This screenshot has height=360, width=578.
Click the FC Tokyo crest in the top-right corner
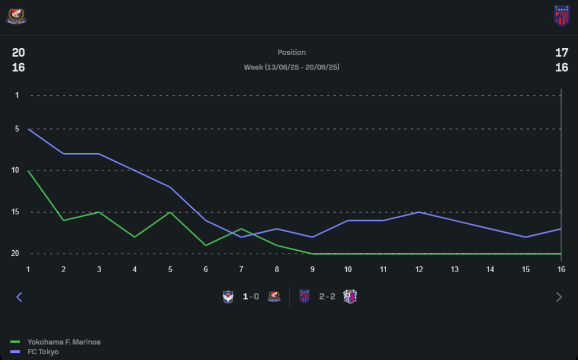pos(561,16)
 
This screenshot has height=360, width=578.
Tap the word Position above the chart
pos(291,53)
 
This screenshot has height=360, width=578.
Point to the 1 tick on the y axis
pos(17,95)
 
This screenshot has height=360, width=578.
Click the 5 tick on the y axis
pos(17,129)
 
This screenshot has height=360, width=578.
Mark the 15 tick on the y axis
pos(16,212)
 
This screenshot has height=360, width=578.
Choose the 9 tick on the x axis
pos(312,269)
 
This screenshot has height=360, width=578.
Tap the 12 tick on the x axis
pos(418,269)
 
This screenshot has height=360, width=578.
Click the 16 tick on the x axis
pos(560,269)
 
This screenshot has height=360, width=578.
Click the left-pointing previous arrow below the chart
pos(19,297)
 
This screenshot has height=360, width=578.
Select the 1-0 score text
pos(250,297)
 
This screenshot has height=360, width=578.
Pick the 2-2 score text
pos(327,297)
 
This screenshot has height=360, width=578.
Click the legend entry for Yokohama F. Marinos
pos(64,342)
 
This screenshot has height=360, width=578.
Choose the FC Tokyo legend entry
pos(43,352)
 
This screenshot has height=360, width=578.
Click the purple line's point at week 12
pos(418,212)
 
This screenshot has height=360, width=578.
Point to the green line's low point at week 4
pos(135,237)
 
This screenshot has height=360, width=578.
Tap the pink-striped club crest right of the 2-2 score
pos(350,297)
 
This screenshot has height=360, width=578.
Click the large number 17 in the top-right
pos(561,53)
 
